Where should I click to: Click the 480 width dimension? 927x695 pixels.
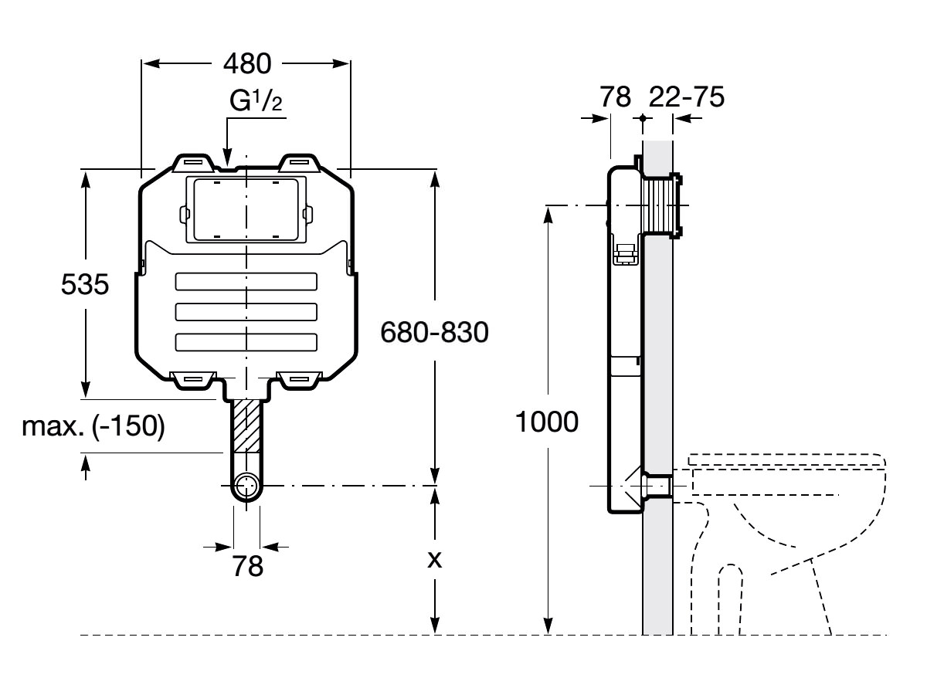246,64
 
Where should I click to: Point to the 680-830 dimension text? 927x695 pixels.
435,334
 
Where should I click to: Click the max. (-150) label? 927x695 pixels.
93,426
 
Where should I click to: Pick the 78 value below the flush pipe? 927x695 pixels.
247,566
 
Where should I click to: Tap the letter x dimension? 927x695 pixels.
435,560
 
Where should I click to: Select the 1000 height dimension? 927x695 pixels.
548,422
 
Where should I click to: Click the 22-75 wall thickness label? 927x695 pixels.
686,97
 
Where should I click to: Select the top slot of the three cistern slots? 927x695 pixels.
246,281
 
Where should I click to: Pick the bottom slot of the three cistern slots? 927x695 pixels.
246,342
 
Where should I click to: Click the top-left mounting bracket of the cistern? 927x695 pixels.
192,161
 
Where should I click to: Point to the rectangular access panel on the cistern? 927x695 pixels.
246,208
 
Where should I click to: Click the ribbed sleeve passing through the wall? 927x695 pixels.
660,206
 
